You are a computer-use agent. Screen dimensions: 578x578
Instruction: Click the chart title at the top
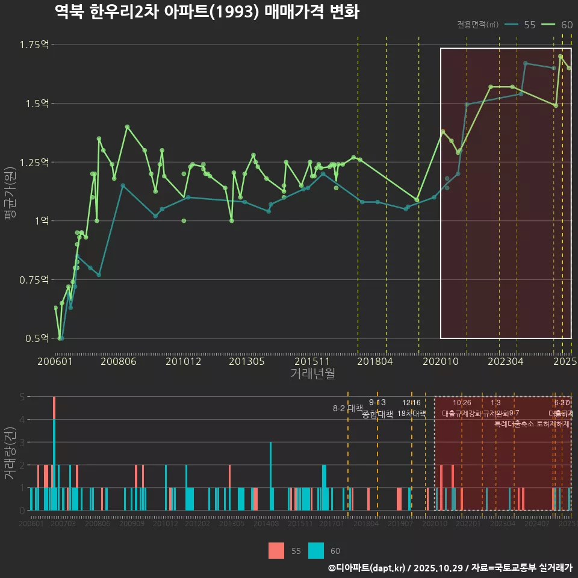tap(207, 12)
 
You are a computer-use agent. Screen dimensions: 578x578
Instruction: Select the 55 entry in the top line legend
tap(521, 25)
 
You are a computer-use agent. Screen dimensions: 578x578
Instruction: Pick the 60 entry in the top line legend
tap(558, 25)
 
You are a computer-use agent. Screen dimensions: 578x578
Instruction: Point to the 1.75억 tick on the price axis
tap(34, 45)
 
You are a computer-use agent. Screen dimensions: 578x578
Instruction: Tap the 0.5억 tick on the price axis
tap(36, 338)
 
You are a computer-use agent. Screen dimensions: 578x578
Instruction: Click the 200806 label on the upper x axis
tap(118, 361)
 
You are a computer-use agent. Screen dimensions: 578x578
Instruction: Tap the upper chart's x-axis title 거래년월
tap(312, 374)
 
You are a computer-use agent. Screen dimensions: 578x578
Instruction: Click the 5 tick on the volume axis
tap(22, 397)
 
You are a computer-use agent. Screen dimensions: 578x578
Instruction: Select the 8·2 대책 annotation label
tap(348, 408)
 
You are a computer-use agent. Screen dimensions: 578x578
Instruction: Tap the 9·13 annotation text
tap(378, 402)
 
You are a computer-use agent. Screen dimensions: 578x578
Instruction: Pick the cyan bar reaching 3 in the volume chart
tap(270, 476)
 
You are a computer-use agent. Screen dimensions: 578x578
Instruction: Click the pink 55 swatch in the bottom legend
tap(276, 550)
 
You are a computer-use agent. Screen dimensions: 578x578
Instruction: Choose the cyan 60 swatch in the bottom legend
tap(315, 550)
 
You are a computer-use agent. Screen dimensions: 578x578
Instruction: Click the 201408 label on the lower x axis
tap(266, 524)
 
